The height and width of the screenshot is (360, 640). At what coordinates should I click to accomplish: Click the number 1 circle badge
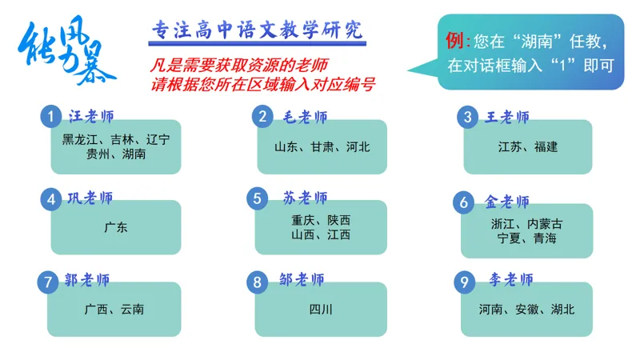pyautogui.click(x=51, y=117)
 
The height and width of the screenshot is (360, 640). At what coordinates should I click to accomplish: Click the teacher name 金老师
pyautogui.click(x=507, y=201)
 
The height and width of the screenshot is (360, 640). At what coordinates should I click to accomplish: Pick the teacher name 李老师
pyautogui.click(x=511, y=280)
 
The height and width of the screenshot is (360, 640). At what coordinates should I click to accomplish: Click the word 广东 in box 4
pyautogui.click(x=116, y=228)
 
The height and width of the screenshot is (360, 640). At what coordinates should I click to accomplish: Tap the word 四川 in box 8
pyautogui.click(x=321, y=309)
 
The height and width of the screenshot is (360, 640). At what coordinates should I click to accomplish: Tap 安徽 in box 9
pyautogui.click(x=527, y=309)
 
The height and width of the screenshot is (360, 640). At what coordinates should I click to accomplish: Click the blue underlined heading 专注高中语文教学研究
pyautogui.click(x=257, y=30)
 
